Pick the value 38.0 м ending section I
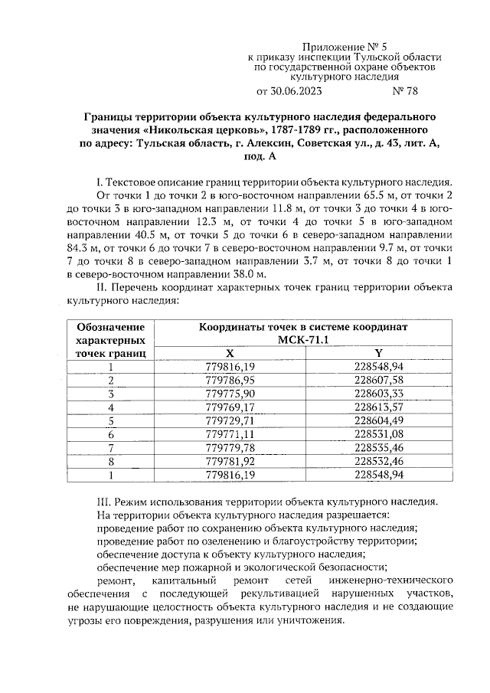pyautogui.click(x=248, y=274)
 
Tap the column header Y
pyautogui.click(x=378, y=352)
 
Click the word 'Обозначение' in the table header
pyautogui.click(x=111, y=327)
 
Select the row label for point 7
pyautogui.click(x=111, y=447)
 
